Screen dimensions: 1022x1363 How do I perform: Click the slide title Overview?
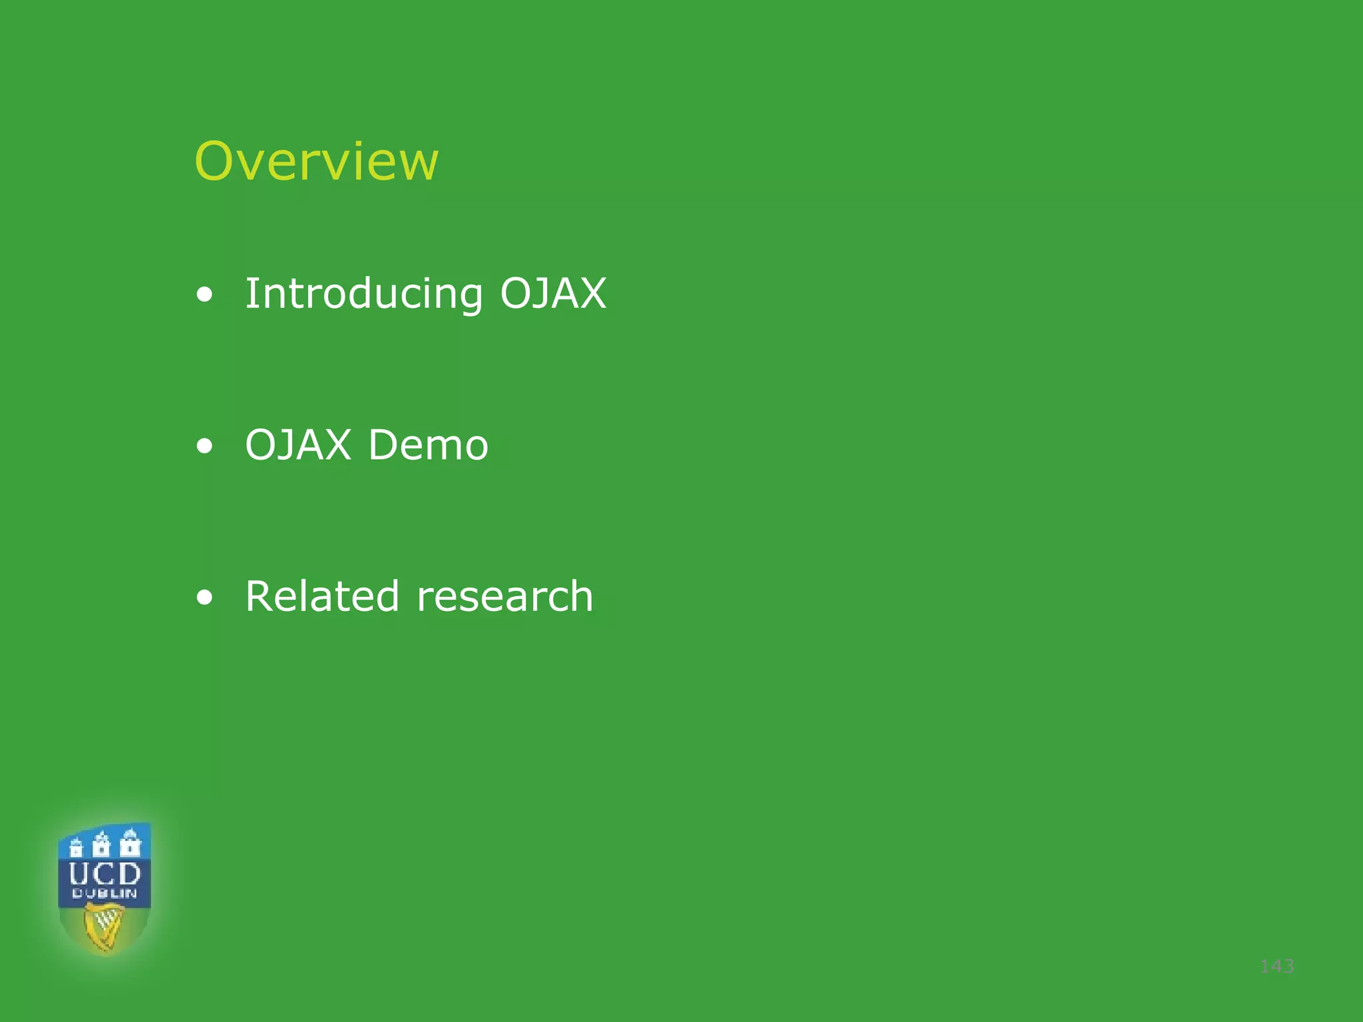coord(316,161)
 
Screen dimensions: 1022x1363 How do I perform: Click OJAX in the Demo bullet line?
coord(298,444)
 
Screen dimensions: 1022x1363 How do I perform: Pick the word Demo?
coord(428,444)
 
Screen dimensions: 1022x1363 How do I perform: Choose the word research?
coord(504,597)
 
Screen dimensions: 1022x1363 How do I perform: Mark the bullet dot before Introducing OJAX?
coord(205,295)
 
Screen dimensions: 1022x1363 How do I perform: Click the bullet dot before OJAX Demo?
coord(205,446)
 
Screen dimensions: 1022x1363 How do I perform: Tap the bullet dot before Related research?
coord(205,597)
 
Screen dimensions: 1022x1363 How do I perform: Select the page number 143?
coord(1277,966)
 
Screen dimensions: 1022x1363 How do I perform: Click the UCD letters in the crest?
coord(104,873)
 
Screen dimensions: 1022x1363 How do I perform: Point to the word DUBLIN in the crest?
coord(104,894)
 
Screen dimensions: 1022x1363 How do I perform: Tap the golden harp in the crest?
coord(104,927)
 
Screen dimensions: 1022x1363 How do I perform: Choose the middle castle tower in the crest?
coord(101,843)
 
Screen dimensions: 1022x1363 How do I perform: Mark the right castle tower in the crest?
coord(130,842)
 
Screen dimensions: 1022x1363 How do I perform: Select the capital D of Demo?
coord(385,444)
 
